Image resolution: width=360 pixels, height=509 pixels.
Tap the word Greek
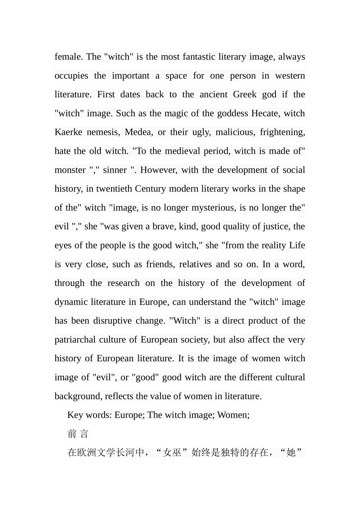[245, 95]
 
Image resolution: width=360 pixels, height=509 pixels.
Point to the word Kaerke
[68, 132]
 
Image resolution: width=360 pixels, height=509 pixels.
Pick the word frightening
[282, 132]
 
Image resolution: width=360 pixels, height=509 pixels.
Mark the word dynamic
[71, 302]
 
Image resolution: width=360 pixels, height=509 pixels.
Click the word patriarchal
[75, 340]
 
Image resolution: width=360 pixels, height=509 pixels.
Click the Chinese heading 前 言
[78, 434]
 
